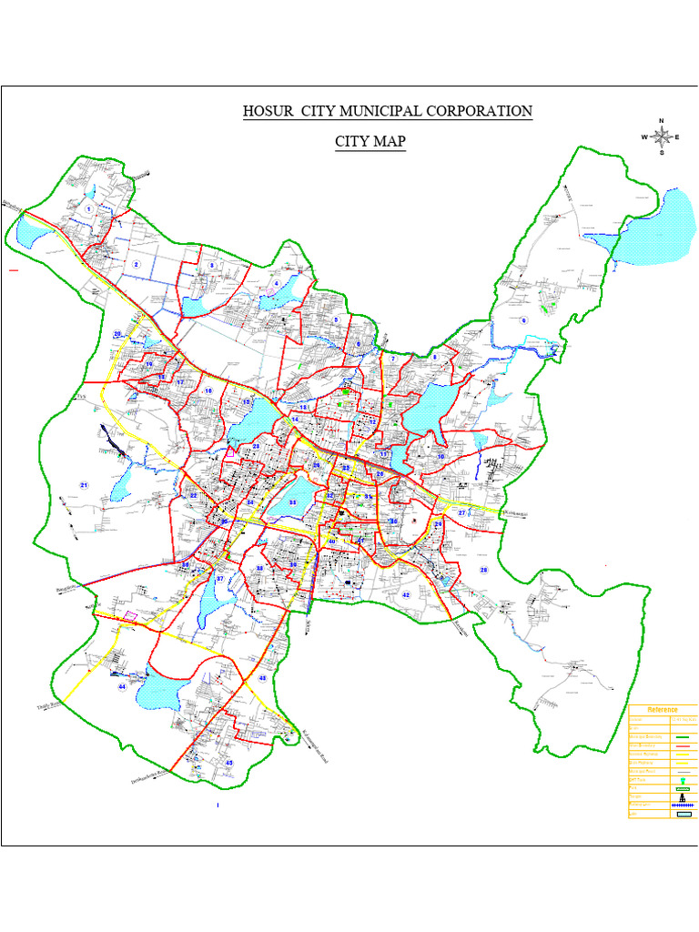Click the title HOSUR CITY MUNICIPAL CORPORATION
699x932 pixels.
pyautogui.click(x=387, y=111)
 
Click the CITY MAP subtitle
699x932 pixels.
pyautogui.click(x=370, y=142)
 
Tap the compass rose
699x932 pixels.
pyautogui.click(x=662, y=137)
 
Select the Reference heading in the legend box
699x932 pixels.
pyautogui.click(x=664, y=709)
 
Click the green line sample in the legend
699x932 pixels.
pyautogui.click(x=682, y=736)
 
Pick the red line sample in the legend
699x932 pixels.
pyautogui.click(x=682, y=745)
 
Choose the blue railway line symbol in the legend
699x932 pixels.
pyautogui.click(x=682, y=805)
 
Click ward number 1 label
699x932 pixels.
pyautogui.click(x=89, y=209)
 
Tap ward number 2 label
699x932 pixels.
pyautogui.click(x=137, y=265)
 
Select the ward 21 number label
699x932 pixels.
pyautogui.click(x=84, y=485)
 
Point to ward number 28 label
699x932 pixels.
pyautogui.click(x=483, y=570)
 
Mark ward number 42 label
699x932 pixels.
pyautogui.click(x=406, y=594)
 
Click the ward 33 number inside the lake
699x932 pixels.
pyautogui.click(x=292, y=502)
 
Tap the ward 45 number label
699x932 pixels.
pyautogui.click(x=229, y=762)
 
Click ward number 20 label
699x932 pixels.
pyautogui.click(x=117, y=335)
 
